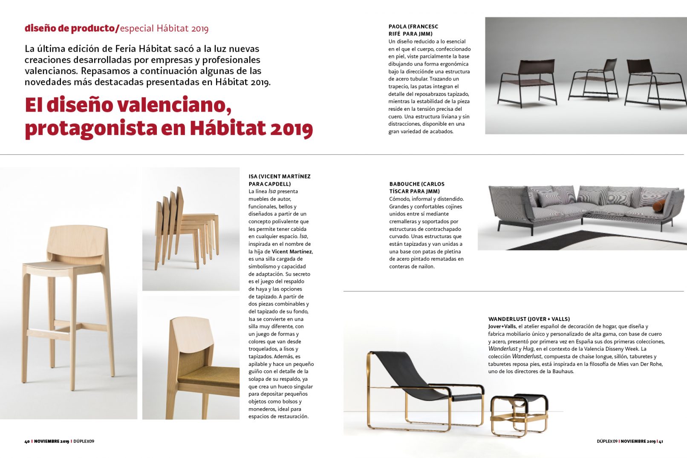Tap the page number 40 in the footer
point(27,441)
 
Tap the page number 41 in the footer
point(661,441)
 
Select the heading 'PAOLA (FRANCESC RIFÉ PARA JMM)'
point(413,30)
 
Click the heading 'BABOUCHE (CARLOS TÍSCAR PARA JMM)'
point(416,187)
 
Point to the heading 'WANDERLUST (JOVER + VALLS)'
point(528,319)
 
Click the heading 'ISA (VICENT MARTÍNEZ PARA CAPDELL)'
point(279,180)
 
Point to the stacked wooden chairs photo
point(191,229)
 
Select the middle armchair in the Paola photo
point(595,81)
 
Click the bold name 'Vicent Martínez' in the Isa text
point(292,251)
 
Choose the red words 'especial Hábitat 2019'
point(164,29)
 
